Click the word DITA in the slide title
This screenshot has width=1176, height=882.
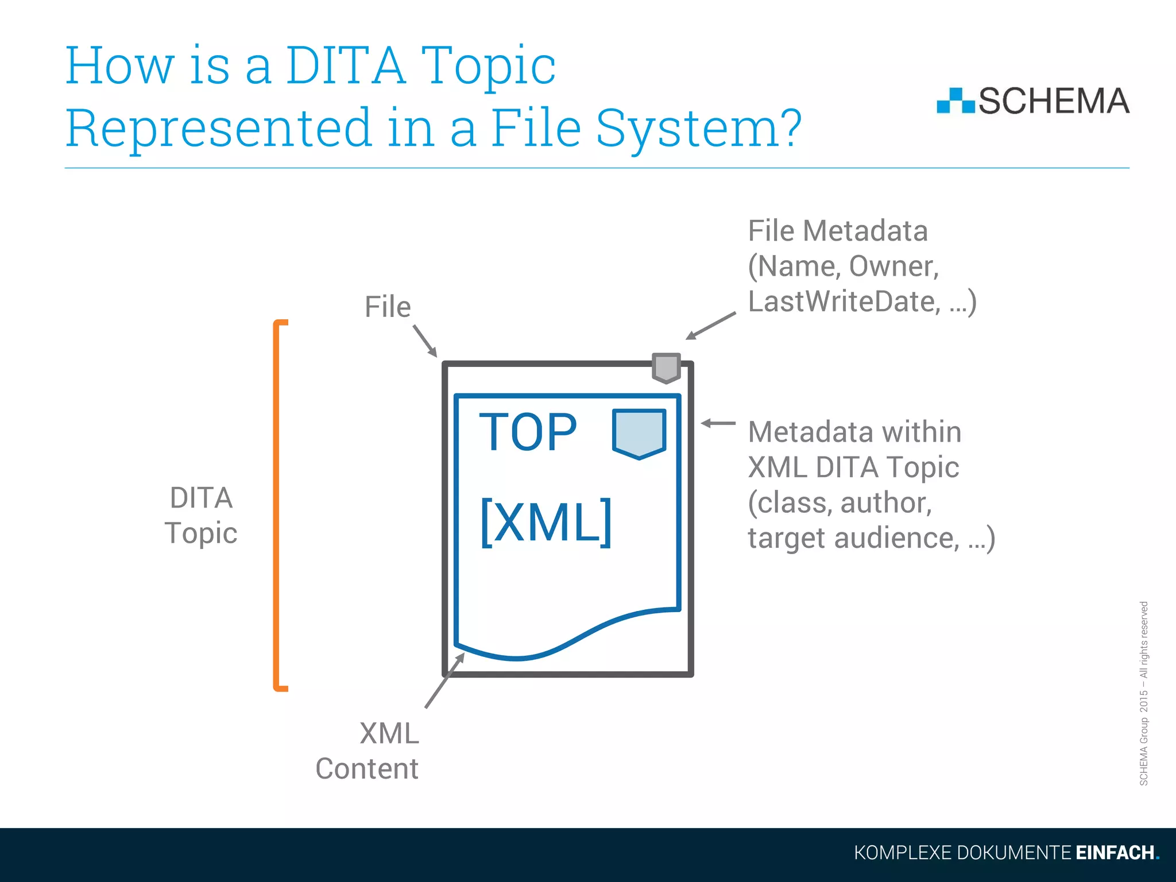click(345, 66)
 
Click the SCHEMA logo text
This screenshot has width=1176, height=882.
click(1053, 102)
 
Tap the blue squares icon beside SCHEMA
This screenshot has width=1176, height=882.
click(955, 101)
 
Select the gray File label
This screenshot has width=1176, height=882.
click(388, 307)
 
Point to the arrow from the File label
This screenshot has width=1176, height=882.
click(425, 341)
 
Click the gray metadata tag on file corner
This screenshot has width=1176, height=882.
click(666, 367)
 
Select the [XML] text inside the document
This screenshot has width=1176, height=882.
click(546, 521)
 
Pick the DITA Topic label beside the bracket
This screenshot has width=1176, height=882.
click(201, 515)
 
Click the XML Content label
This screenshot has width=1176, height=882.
click(367, 751)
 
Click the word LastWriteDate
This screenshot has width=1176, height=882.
click(844, 302)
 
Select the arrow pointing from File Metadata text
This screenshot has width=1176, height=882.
click(711, 326)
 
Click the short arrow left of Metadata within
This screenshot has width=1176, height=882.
click(718, 423)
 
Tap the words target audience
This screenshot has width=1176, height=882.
click(853, 539)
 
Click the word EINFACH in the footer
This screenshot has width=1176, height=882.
click(1115, 853)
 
